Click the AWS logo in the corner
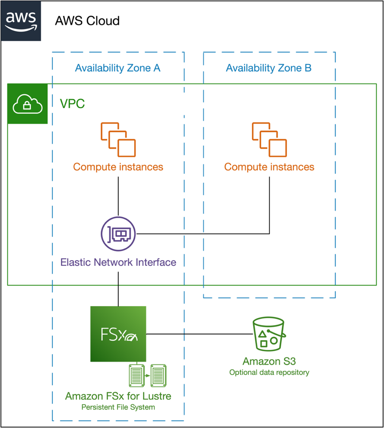click(21, 21)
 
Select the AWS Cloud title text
click(87, 21)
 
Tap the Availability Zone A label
click(118, 68)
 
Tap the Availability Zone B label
click(269, 68)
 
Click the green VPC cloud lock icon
click(28, 104)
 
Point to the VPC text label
click(72, 104)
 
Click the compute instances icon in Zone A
click(118, 139)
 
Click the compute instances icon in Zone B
click(269, 139)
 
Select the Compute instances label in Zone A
click(118, 167)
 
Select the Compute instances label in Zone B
click(269, 167)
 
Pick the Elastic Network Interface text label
click(118, 262)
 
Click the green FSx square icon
click(118, 334)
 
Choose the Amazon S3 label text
click(269, 361)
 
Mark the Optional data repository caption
click(269, 372)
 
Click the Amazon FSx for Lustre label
click(118, 396)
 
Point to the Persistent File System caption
click(118, 407)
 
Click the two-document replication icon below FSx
click(148, 375)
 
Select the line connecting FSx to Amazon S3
click(199, 334)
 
